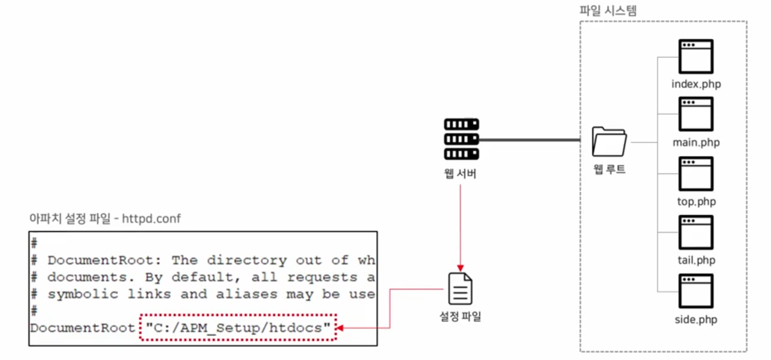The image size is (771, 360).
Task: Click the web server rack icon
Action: pyautogui.click(x=461, y=139)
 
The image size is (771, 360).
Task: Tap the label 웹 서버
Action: pyautogui.click(x=461, y=173)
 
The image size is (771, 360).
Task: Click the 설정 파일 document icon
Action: pyautogui.click(x=461, y=288)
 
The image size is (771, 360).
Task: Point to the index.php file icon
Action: pyautogui.click(x=696, y=56)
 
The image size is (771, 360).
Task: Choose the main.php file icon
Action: pyautogui.click(x=696, y=114)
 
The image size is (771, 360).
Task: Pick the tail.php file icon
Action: pyautogui.click(x=696, y=232)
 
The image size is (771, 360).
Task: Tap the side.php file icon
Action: pyautogui.click(x=696, y=291)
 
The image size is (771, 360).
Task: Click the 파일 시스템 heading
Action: pyautogui.click(x=608, y=10)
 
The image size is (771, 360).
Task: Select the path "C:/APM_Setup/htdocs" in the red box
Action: pyautogui.click(x=237, y=327)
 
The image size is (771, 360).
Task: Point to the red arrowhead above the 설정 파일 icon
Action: pyautogui.click(x=460, y=268)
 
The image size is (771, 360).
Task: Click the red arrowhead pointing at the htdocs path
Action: pyautogui.click(x=340, y=327)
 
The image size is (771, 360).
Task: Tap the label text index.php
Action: pyautogui.click(x=696, y=83)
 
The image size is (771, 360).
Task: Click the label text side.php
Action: pyautogui.click(x=696, y=320)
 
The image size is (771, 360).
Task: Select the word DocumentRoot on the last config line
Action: pyautogui.click(x=83, y=327)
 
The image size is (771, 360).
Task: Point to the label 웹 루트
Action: pyautogui.click(x=609, y=170)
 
